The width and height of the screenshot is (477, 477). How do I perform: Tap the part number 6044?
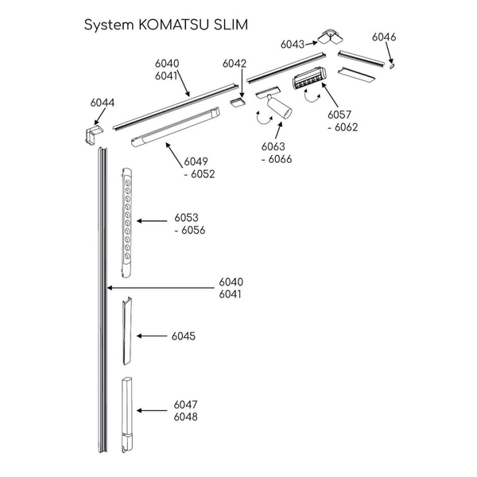tap(102, 103)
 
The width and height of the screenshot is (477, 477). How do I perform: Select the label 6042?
tap(235, 63)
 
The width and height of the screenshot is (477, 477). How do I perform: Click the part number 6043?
tap(293, 45)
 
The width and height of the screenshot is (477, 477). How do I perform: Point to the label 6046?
tap(383, 37)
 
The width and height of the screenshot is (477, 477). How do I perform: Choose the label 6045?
tap(184, 336)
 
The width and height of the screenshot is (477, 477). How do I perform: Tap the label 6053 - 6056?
tap(190, 223)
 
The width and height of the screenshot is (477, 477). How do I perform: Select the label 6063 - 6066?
tap(275, 153)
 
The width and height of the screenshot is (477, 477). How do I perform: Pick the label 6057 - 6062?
tap(340, 120)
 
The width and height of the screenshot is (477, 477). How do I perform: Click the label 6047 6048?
tap(185, 411)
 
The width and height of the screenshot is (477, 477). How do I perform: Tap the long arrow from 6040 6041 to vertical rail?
tap(159, 287)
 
